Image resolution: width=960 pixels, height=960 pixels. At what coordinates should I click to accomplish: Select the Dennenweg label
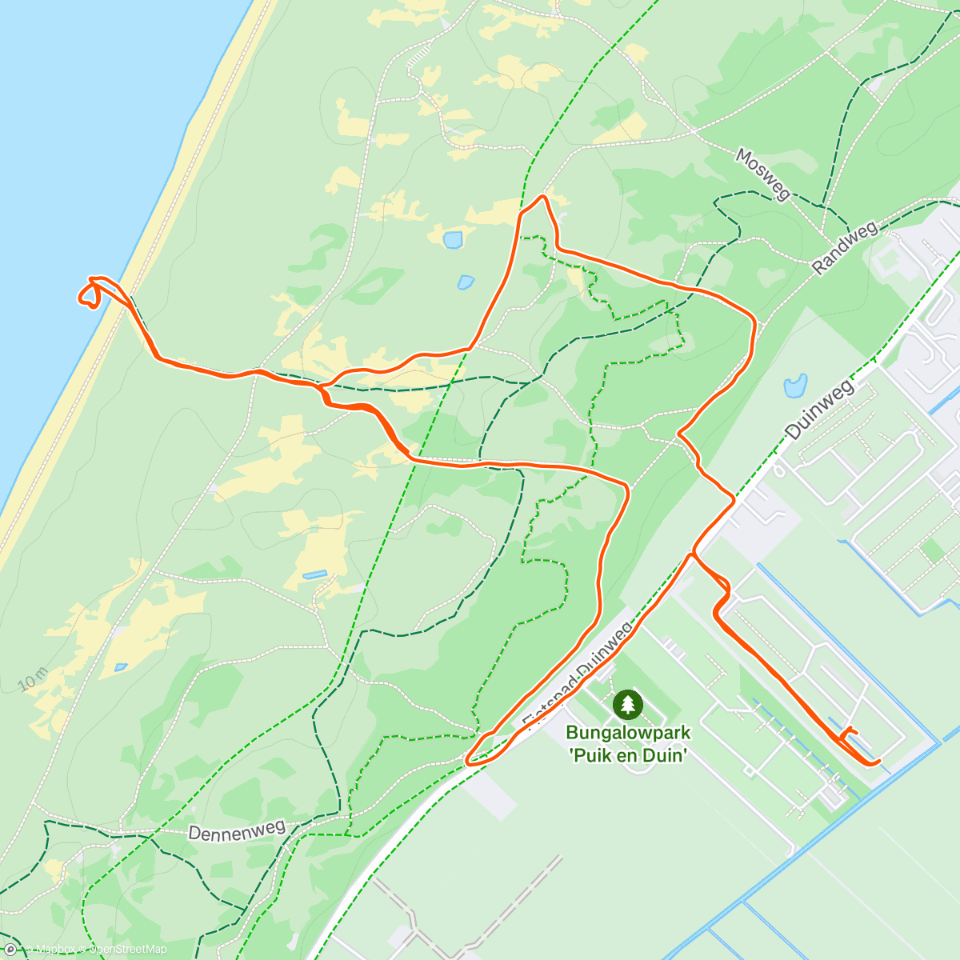[x=237, y=830]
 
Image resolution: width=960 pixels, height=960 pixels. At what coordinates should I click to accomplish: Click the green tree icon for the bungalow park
[x=628, y=704]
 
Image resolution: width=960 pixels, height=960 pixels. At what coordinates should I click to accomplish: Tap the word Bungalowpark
[x=628, y=732]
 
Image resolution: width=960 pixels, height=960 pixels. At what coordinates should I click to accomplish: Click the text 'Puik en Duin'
[x=628, y=754]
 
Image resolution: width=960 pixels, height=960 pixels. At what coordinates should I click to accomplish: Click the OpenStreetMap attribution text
[x=128, y=950]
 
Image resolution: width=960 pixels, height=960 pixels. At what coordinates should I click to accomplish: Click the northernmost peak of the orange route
[x=543, y=197]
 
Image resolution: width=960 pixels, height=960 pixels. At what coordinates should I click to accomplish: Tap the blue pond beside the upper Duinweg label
[x=795, y=386]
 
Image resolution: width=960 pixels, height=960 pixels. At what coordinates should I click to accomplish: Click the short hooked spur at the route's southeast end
[x=847, y=732]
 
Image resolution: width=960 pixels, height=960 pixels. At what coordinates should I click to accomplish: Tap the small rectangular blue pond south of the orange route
[x=314, y=574]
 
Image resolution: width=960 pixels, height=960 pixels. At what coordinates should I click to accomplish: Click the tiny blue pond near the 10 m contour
[x=121, y=666]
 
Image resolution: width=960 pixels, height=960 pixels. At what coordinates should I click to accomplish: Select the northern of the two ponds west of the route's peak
[x=453, y=238]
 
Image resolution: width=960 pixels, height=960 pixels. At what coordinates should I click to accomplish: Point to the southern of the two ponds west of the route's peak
[x=466, y=282]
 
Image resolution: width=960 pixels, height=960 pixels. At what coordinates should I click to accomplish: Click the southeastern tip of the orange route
[x=878, y=762]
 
